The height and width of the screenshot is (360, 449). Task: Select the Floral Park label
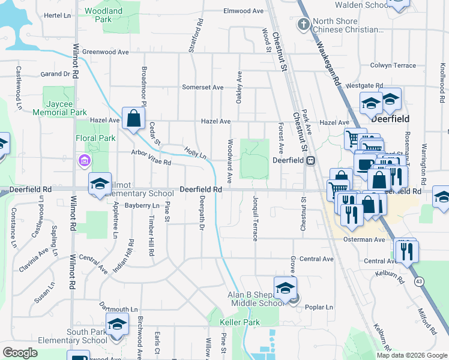click(x=98, y=138)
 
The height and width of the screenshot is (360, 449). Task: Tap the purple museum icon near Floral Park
click(x=83, y=160)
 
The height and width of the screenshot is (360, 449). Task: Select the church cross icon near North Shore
click(x=304, y=25)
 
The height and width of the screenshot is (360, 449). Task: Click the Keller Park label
click(x=240, y=322)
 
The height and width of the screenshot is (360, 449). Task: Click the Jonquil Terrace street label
click(x=255, y=217)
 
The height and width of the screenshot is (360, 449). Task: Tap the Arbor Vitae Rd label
click(x=151, y=158)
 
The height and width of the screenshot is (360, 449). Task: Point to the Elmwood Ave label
click(x=244, y=11)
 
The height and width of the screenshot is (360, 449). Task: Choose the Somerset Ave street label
click(x=203, y=87)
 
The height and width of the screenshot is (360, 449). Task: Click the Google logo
click(x=20, y=353)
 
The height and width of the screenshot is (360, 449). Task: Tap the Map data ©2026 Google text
click(x=412, y=355)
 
